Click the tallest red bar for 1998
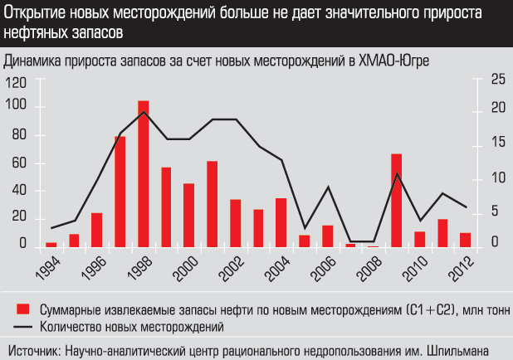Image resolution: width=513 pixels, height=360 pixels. [x=143, y=173]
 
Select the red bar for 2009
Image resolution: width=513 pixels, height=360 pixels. [x=397, y=200]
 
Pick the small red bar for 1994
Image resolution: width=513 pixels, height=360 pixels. [x=51, y=244]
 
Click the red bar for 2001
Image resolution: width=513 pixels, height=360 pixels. [x=212, y=203]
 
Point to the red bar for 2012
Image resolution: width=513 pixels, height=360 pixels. [x=466, y=239]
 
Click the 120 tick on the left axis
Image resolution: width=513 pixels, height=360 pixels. [x=17, y=82]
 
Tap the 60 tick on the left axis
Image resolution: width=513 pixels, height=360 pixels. [x=20, y=163]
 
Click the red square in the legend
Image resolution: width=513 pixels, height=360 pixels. [x=24, y=309]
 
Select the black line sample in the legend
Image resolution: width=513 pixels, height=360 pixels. [x=24, y=325]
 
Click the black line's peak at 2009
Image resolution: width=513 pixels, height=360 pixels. [x=398, y=173]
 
